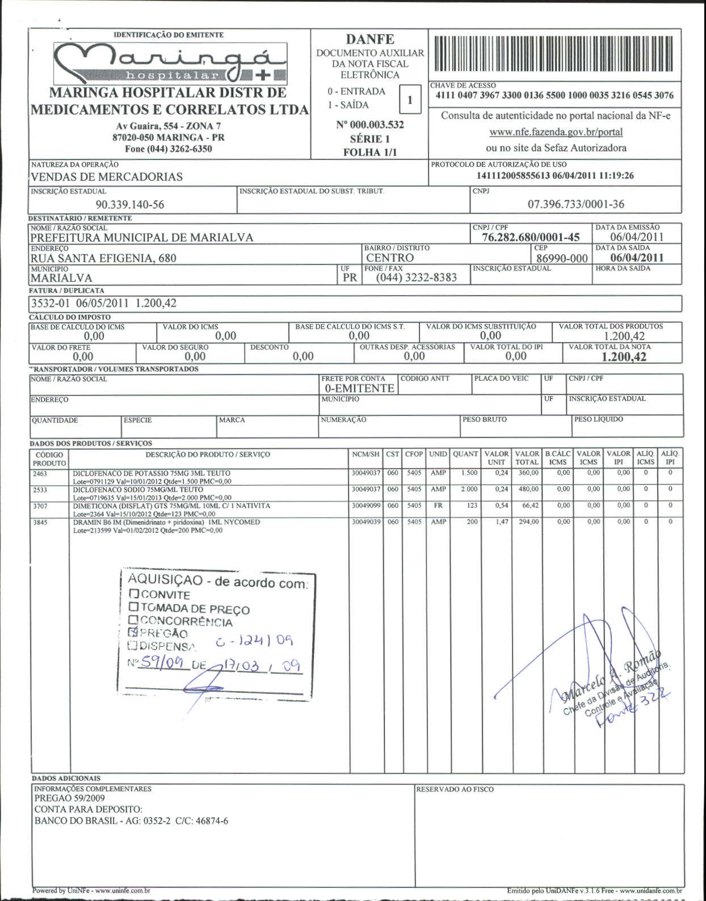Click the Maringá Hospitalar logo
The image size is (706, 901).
(169, 62)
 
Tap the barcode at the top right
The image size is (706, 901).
(554, 55)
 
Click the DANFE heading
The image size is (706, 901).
(370, 39)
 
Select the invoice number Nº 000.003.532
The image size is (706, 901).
(370, 124)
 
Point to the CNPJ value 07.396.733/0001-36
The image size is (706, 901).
(575, 204)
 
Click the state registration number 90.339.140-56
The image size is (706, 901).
(129, 204)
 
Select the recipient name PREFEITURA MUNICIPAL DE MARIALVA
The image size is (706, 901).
(142, 237)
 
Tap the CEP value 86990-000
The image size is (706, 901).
(562, 258)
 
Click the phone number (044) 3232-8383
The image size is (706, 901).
(416, 277)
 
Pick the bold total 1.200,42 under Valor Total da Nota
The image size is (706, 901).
(623, 357)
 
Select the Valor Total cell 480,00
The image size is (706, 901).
(527, 489)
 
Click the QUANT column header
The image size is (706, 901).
(465, 454)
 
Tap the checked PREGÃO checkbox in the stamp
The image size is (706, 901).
(133, 632)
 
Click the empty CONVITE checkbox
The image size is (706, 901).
(134, 594)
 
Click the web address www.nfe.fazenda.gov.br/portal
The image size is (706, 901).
(556, 132)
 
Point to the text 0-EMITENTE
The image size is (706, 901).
(359, 388)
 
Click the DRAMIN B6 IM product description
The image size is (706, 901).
(166, 522)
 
